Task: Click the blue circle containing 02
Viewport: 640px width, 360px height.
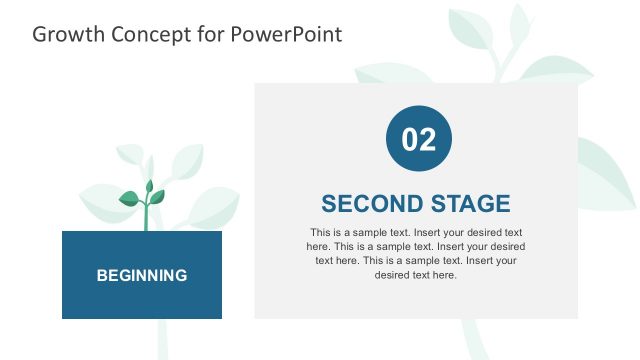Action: (418, 138)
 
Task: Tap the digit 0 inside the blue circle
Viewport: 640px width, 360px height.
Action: (409, 139)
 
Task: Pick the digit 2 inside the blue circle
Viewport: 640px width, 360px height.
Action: (427, 139)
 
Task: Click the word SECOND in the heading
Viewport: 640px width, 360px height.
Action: (369, 204)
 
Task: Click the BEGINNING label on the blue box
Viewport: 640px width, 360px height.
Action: (141, 275)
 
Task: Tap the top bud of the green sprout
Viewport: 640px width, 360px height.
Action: (149, 186)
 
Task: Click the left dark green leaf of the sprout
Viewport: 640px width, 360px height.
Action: (129, 199)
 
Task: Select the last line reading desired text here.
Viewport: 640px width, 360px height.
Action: (415, 275)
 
